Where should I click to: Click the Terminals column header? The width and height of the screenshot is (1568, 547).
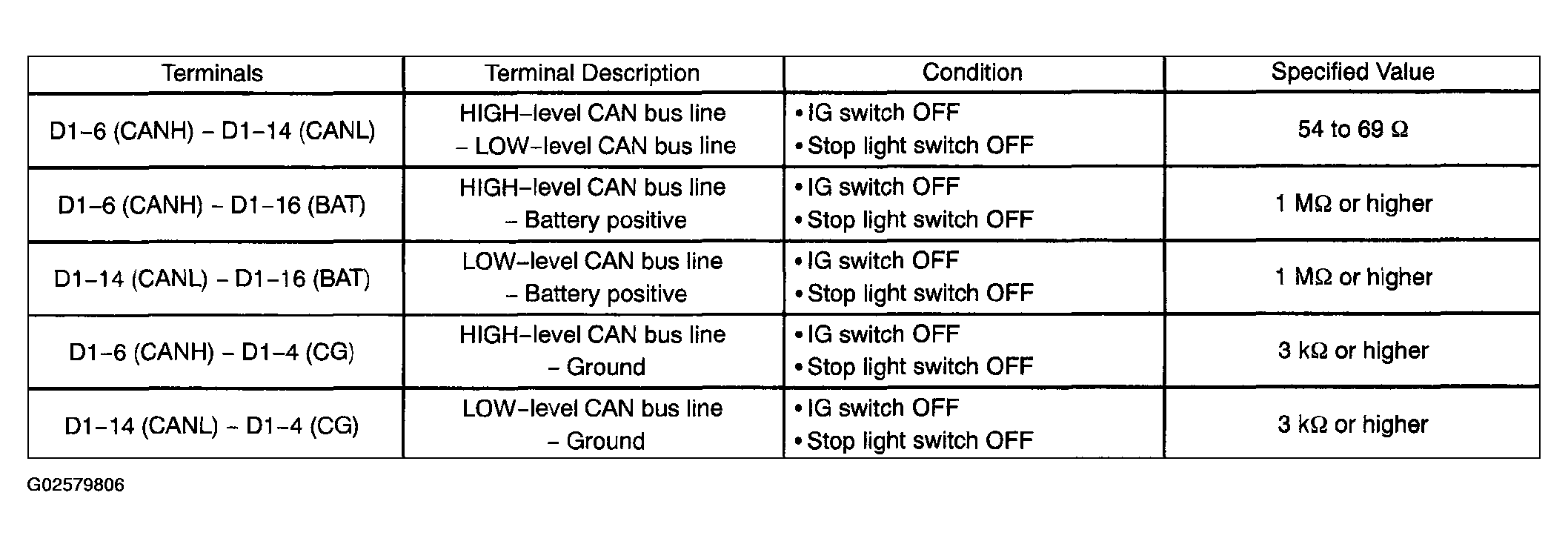point(212,73)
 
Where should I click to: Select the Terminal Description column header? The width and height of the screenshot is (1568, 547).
point(592,73)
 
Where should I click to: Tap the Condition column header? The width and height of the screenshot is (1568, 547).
point(972,73)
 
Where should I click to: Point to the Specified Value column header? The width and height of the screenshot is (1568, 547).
point(1352,72)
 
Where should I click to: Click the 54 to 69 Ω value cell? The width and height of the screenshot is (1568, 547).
point(1352,130)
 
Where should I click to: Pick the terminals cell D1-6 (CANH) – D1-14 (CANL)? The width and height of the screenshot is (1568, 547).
point(212,131)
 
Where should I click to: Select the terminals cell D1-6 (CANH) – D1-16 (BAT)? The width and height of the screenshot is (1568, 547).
point(212,205)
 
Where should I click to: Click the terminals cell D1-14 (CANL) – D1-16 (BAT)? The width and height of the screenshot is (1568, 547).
point(212,279)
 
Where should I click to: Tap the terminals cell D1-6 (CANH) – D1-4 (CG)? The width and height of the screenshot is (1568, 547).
point(212,351)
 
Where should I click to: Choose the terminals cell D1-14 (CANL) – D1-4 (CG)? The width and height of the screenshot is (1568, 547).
point(212,426)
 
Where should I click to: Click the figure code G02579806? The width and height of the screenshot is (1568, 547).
point(76,485)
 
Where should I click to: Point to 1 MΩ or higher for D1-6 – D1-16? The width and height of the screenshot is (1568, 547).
point(1353,204)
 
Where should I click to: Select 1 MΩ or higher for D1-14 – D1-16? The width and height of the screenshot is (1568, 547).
point(1353,277)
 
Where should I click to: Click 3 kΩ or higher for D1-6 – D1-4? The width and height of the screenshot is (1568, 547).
point(1353,351)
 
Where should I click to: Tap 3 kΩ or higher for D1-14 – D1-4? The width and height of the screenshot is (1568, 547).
point(1353,425)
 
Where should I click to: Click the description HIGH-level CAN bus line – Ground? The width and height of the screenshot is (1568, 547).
point(592,351)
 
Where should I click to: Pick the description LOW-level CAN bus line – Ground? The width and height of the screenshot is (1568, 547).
point(592,425)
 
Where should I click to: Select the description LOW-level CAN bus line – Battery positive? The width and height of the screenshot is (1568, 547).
point(592,277)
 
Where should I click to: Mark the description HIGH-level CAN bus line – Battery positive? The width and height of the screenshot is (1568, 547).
point(592,204)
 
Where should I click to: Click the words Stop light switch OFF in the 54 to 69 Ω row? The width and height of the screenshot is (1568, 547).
point(920,146)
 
